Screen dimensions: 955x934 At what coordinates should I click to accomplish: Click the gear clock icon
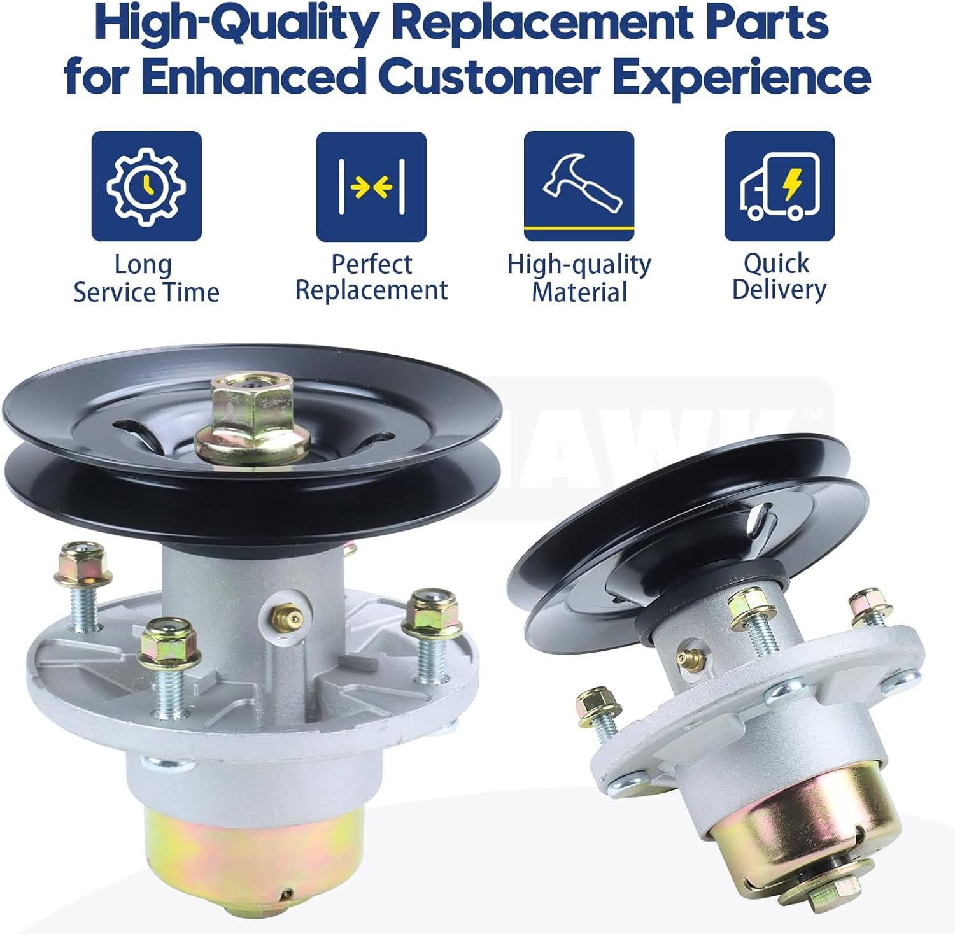pyautogui.click(x=146, y=186)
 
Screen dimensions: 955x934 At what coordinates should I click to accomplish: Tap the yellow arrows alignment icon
pyautogui.click(x=372, y=187)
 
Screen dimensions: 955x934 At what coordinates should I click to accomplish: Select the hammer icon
pyautogui.click(x=579, y=187)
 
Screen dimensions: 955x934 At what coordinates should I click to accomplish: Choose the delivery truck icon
pyautogui.click(x=779, y=187)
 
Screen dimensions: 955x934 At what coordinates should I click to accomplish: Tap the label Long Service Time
pyautogui.click(x=146, y=278)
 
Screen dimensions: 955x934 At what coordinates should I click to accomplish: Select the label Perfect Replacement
pyautogui.click(x=372, y=277)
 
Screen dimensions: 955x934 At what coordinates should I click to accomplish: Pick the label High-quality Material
pyautogui.click(x=579, y=278)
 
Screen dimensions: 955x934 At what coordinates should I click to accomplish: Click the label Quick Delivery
pyautogui.click(x=778, y=276)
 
